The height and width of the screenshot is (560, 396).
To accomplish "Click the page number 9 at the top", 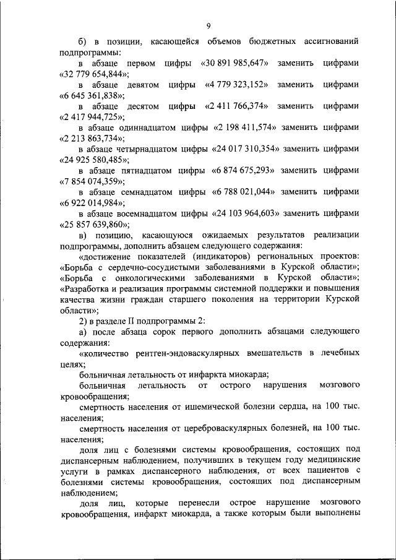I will click(x=209, y=25).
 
